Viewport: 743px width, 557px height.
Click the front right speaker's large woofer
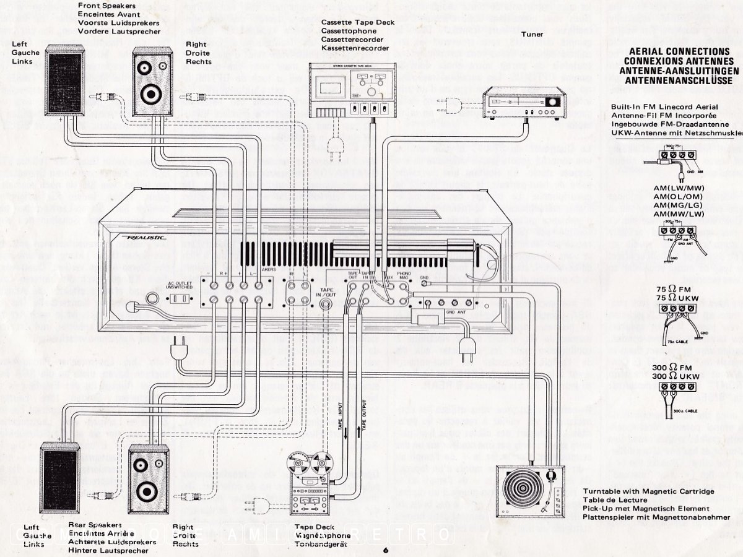pos(150,95)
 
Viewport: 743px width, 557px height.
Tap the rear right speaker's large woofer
pos(147,491)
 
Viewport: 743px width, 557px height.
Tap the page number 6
pos(386,550)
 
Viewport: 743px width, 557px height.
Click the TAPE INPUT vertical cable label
pos(340,415)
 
